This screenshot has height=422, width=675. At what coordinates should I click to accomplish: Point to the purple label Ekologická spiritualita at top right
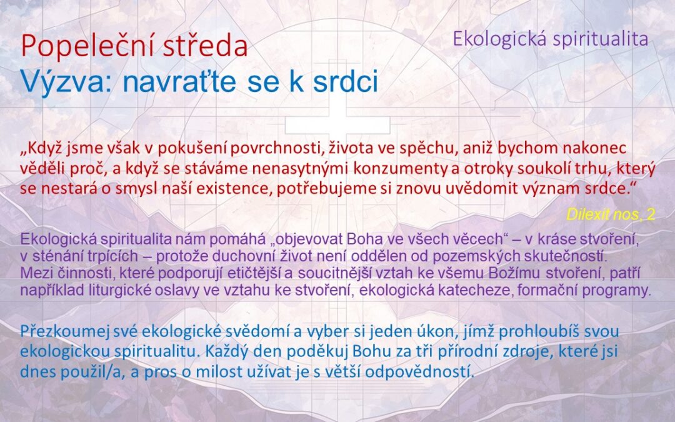coord(550,39)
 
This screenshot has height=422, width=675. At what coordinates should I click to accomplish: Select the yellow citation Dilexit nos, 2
coord(611,214)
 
